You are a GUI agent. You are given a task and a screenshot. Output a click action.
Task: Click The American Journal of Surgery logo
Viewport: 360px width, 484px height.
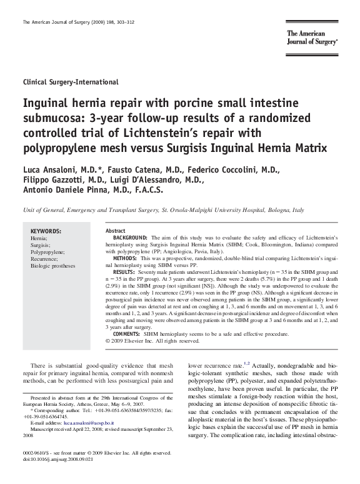coord(312,37)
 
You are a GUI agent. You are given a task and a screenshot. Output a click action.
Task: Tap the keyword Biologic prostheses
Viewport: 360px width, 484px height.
coord(52,266)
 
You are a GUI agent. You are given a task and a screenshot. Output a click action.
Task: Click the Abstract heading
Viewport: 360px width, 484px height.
coord(116,231)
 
